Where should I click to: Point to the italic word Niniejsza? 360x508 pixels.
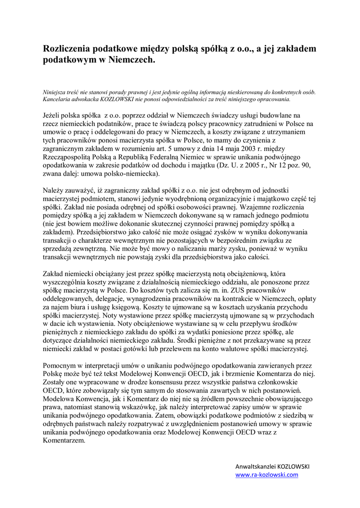(58, 92)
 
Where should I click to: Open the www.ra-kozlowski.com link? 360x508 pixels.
(267, 475)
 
